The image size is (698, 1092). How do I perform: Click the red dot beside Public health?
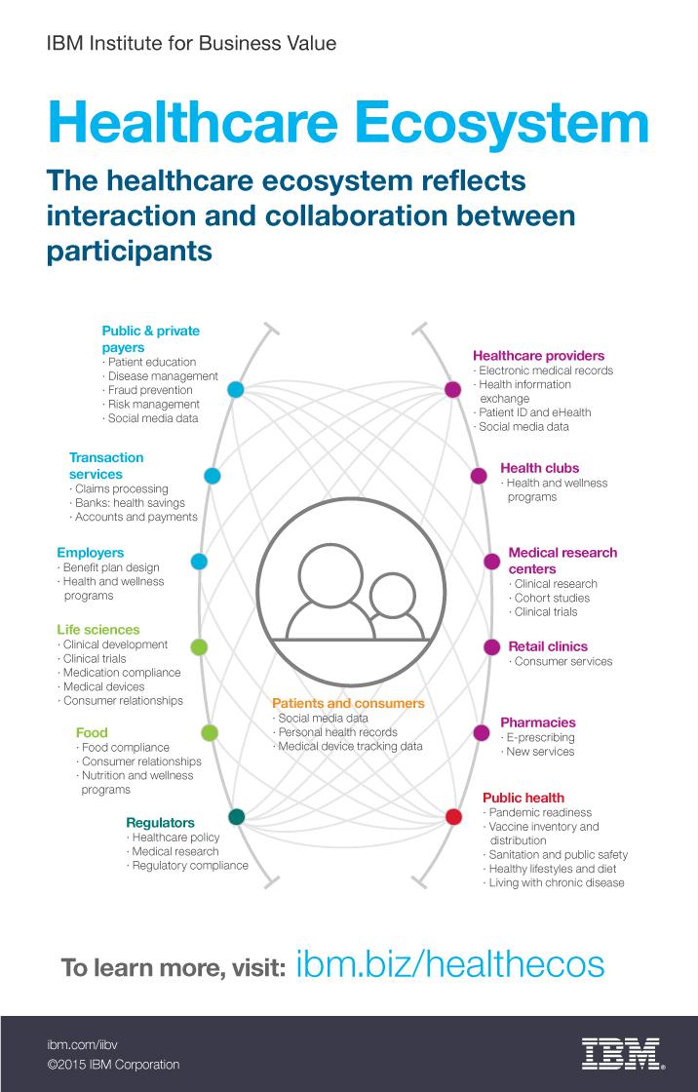[x=453, y=817]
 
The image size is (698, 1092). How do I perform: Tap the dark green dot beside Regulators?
[x=236, y=816]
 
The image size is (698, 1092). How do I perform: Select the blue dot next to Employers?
[x=199, y=562]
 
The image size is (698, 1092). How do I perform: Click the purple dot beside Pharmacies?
[x=481, y=732]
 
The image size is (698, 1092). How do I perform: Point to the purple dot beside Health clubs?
[x=479, y=476]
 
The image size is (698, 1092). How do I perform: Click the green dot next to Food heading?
[x=209, y=732]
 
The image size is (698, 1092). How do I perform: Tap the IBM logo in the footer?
[x=621, y=1053]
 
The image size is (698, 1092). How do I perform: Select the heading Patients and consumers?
[x=348, y=703]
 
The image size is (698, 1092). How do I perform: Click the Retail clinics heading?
[x=548, y=646]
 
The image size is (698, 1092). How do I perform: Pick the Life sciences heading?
[x=98, y=630]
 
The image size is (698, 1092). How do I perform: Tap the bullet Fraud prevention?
[x=153, y=390]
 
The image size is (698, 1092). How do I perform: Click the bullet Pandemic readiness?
[x=540, y=812]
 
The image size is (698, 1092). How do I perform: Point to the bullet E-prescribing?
[x=540, y=738]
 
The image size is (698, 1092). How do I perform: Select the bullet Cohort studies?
[x=552, y=598]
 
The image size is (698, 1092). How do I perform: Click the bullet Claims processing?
[x=121, y=488]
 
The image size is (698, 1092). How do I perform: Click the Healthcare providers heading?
[x=539, y=356]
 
